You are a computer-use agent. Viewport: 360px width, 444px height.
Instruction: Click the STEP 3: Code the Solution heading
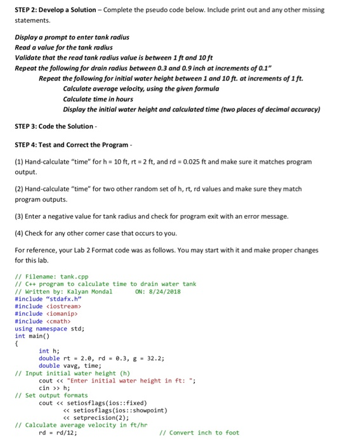[x=52, y=126]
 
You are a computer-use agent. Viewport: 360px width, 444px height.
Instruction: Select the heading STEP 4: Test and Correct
[x=63, y=145]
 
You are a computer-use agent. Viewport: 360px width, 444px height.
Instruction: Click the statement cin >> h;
[x=53, y=388]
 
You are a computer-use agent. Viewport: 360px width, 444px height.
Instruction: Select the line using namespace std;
[x=50, y=329]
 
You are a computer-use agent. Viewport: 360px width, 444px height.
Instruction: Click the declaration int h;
[x=48, y=351]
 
